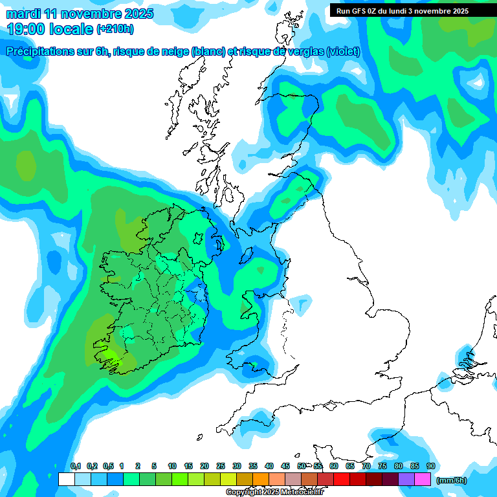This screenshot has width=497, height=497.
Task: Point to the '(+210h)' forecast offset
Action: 115,29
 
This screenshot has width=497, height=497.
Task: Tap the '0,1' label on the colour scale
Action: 76,466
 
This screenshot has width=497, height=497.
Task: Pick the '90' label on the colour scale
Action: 430,466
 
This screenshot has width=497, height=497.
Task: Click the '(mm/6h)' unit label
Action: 452,480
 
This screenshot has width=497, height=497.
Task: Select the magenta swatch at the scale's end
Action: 423,480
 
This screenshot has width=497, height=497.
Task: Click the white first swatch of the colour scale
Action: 66,480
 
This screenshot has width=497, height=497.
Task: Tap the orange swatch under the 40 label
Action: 261,480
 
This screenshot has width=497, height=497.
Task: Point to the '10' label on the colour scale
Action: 172,466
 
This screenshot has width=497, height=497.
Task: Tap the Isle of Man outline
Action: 248,254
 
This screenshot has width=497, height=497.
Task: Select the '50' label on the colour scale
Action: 302,466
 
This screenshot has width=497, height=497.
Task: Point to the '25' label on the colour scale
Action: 221,466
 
